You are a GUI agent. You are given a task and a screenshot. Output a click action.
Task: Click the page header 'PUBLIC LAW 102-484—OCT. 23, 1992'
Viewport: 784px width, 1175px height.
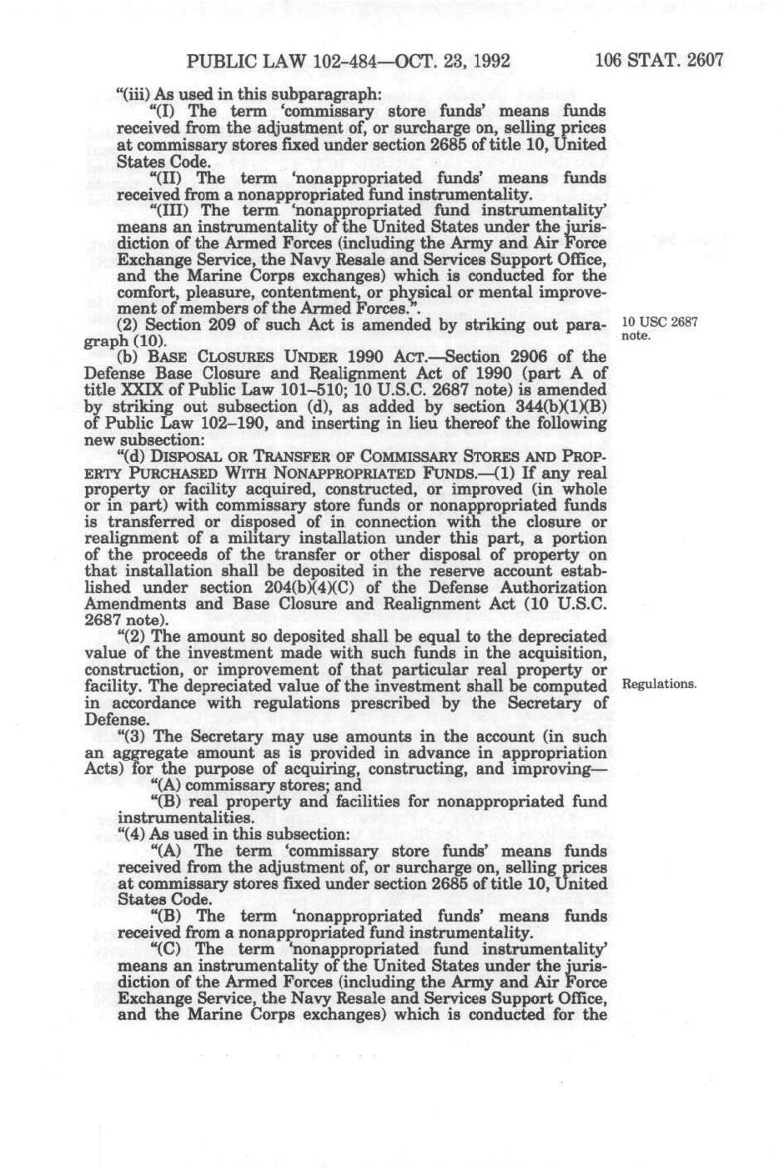click(349, 62)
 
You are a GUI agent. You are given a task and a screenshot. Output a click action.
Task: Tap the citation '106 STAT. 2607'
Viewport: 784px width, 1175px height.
click(659, 62)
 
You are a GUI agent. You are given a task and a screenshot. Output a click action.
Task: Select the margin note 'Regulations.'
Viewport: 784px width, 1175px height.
click(659, 685)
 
